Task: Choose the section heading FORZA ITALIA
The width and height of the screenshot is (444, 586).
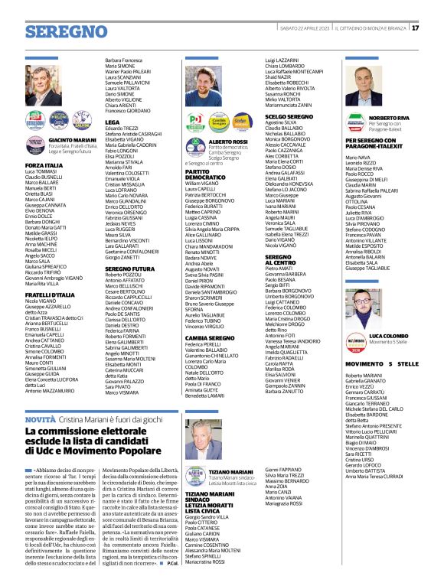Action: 44,164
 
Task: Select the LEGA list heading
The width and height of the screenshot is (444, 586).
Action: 113,121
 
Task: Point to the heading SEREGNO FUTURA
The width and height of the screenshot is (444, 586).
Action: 130,268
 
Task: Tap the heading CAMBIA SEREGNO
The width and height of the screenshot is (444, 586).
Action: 209,337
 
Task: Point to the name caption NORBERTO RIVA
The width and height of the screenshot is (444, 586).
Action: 395,118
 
